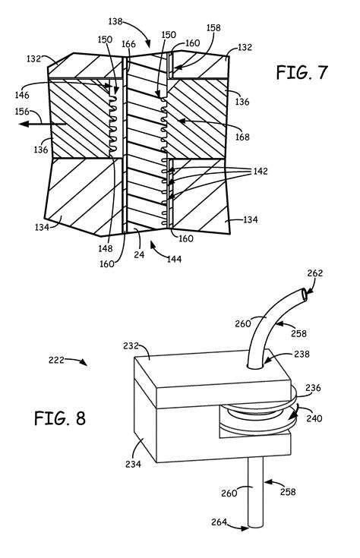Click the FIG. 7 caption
[302, 73]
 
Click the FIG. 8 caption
[60, 418]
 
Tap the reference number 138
[115, 22]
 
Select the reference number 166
[128, 44]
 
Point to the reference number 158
[213, 28]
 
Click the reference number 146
[22, 95]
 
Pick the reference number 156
[22, 112]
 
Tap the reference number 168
[242, 137]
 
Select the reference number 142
[261, 171]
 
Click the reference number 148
[106, 248]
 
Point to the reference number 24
[139, 254]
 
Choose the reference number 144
[175, 259]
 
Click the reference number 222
[56, 360]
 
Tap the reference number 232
[131, 345]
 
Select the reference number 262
[315, 273]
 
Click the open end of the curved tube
[304, 295]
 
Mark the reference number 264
[219, 522]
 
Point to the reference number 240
[314, 418]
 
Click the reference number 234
[133, 464]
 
